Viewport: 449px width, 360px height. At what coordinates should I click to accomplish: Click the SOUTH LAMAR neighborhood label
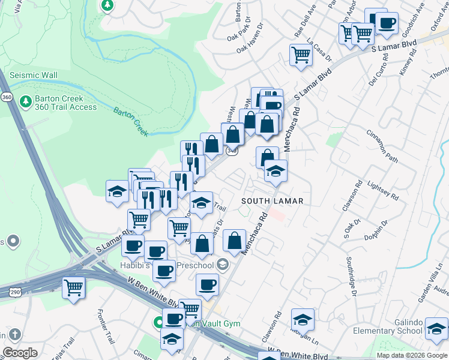[273, 200]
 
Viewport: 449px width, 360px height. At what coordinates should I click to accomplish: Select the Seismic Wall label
[33, 75]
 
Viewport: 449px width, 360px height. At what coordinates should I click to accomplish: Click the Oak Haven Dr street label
[250, 47]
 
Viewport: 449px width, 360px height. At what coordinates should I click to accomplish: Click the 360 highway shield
[7, 97]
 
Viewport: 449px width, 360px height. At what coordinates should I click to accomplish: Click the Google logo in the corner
[20, 353]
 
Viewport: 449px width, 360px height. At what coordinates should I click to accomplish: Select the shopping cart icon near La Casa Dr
[301, 55]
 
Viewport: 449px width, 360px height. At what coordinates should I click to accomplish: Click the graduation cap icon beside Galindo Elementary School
[436, 329]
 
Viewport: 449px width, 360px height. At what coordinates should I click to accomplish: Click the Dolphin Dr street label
[376, 232]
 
